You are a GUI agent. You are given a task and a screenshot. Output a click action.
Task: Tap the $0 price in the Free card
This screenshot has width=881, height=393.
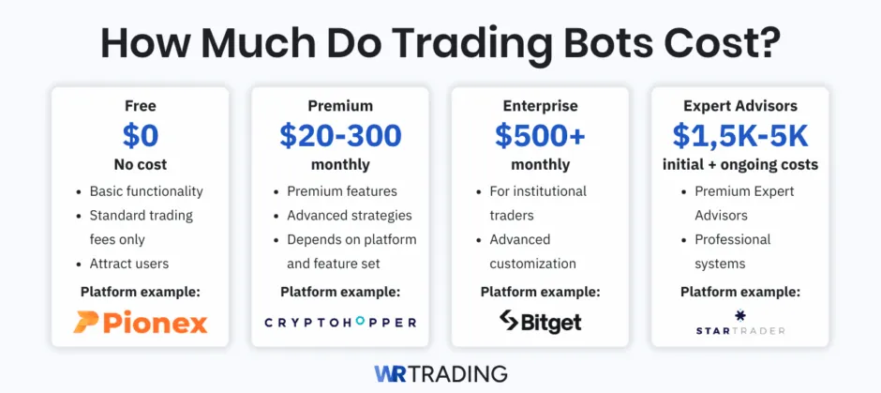coord(141,136)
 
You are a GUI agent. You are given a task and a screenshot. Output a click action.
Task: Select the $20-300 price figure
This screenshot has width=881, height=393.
coord(340,136)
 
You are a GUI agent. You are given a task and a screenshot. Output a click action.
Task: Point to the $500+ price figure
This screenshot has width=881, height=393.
coord(540,136)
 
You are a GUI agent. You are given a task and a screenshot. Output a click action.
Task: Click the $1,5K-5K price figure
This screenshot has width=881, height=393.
coord(739,136)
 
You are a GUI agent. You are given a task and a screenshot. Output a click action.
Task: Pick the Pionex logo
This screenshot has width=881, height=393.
coord(141,322)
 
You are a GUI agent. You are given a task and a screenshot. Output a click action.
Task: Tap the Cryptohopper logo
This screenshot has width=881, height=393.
coord(340,322)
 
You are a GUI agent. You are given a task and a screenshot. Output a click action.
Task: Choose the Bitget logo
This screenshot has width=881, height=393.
coord(540,322)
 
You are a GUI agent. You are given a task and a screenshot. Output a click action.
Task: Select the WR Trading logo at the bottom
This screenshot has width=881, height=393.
coord(440,372)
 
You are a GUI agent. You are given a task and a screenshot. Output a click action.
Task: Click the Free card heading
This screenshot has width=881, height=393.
coord(141,106)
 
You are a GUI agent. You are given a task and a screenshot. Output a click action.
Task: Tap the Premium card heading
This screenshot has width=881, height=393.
coord(340,106)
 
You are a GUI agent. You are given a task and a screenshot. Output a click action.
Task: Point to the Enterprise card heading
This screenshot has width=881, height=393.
coord(540,106)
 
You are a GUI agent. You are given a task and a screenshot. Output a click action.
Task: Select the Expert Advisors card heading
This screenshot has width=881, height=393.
coord(739,106)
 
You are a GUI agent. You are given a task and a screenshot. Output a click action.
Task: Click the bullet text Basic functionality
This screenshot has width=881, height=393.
coord(146,191)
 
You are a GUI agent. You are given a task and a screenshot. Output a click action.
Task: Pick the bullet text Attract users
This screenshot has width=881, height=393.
coord(129,264)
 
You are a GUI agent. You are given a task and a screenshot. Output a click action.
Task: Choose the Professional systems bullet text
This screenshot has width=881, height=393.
coord(733,251)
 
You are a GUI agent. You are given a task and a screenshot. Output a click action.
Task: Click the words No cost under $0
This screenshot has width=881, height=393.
coord(141,164)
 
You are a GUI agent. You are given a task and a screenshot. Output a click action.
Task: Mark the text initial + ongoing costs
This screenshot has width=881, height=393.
coord(739,164)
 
